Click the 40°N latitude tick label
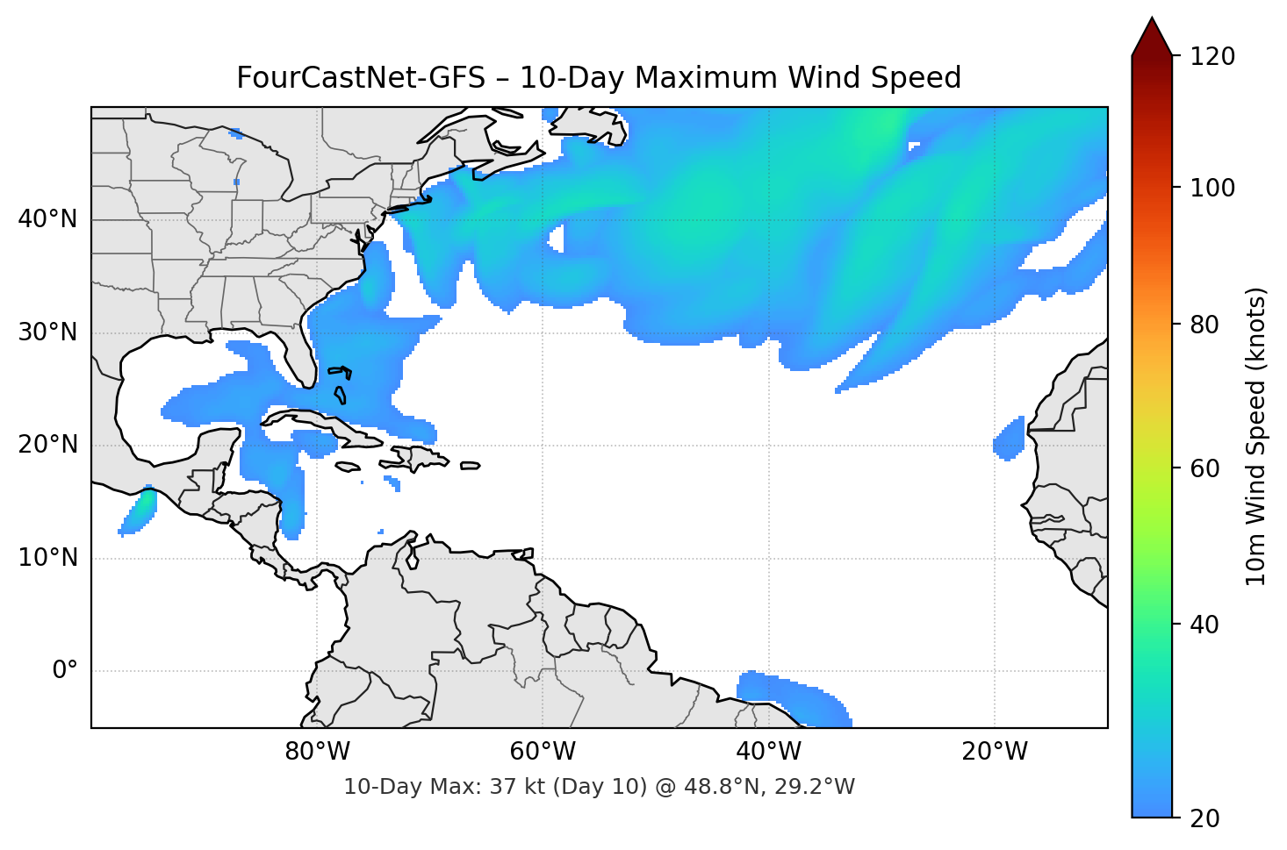pyautogui.click(x=47, y=219)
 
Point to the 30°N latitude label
pyautogui.click(x=47, y=332)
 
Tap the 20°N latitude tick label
pyautogui.click(x=47, y=445)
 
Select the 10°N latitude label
pyautogui.click(x=47, y=558)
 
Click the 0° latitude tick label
pyautogui.click(x=65, y=671)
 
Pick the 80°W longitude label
pyautogui.click(x=317, y=752)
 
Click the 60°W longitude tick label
pyautogui.click(x=543, y=752)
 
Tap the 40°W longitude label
pyautogui.click(x=768, y=752)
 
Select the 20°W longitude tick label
pyautogui.click(x=994, y=752)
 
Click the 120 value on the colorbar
pyautogui.click(x=1212, y=57)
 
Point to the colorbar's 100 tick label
pyautogui.click(x=1212, y=188)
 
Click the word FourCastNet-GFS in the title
pyautogui.click(x=360, y=78)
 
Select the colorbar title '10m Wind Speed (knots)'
pyautogui.click(x=1256, y=436)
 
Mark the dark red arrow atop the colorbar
pyautogui.click(x=1152, y=37)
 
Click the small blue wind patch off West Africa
pyautogui.click(x=1010, y=439)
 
